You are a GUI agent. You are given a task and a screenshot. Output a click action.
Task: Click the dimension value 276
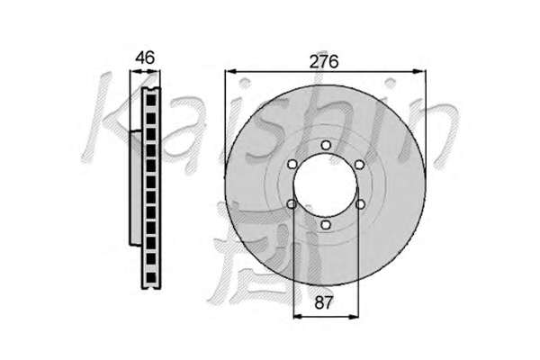point(324,62)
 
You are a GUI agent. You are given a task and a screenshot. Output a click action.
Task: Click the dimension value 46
point(145,58)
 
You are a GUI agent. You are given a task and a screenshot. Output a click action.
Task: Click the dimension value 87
point(324,302)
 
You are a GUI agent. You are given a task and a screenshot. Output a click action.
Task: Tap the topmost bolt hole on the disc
point(326,146)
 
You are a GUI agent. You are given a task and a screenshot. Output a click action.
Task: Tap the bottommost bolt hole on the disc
point(326,225)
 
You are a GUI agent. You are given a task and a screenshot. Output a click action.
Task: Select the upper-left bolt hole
point(292,165)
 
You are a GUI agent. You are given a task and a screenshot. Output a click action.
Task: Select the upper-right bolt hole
point(359,165)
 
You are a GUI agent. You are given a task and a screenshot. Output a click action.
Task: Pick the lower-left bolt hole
point(292,204)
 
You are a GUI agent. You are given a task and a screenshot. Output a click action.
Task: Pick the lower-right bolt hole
point(360,204)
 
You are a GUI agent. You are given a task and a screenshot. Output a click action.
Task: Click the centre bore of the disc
point(326,185)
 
